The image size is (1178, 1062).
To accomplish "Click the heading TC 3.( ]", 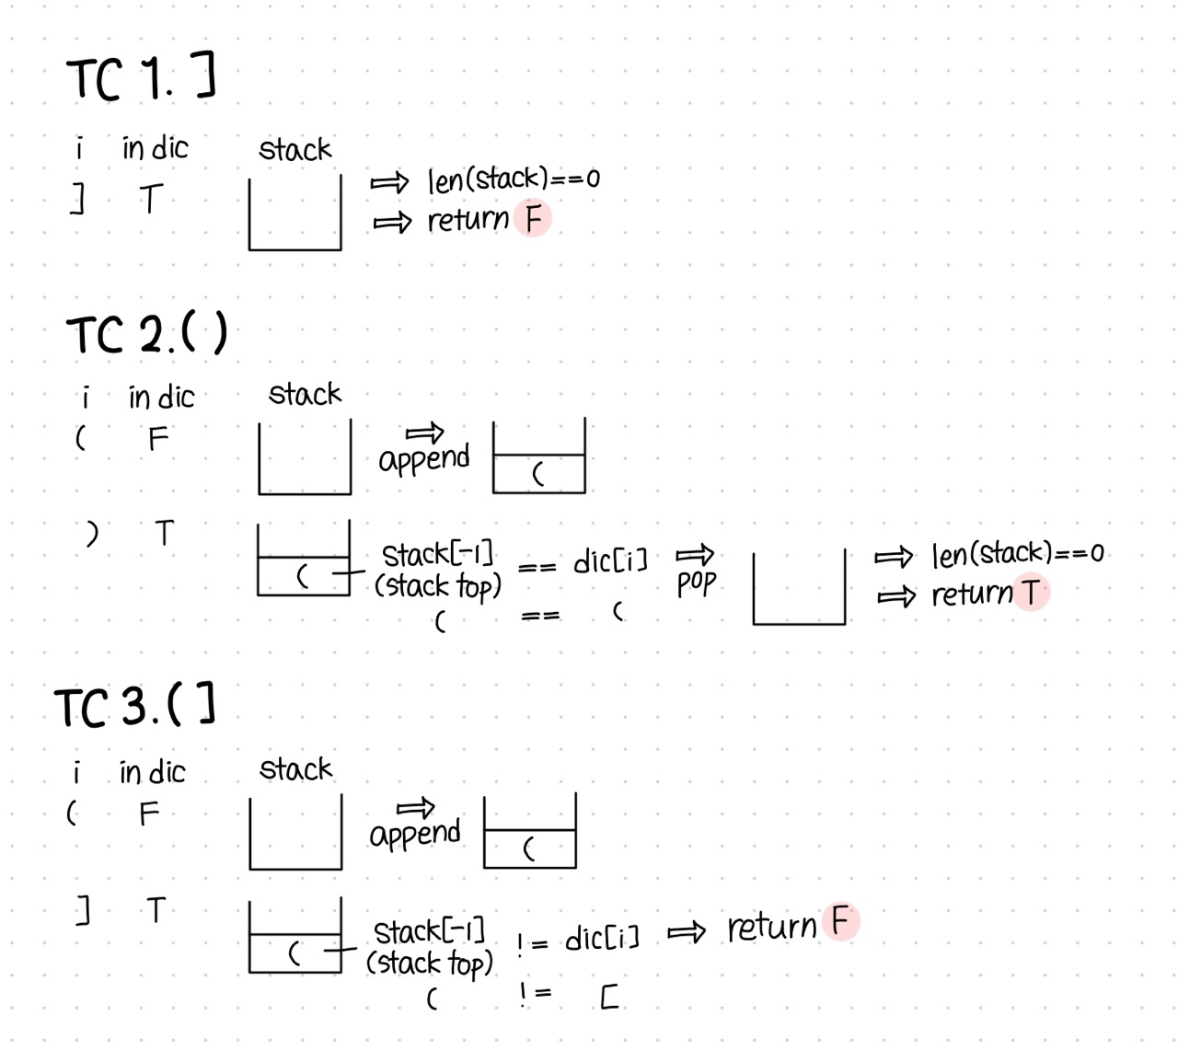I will (x=135, y=706).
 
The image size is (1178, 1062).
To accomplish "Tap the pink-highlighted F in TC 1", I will (x=533, y=219).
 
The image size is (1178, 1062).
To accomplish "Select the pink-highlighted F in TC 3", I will (x=840, y=921).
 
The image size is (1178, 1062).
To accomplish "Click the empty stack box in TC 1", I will (x=294, y=214).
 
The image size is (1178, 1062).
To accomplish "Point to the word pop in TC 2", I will (x=696, y=583).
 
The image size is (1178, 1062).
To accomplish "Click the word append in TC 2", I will (x=423, y=457).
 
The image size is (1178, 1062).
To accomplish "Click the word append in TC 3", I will (x=414, y=833).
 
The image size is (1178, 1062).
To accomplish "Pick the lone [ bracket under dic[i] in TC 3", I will (x=608, y=997).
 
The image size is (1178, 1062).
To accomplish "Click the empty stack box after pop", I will (x=799, y=589).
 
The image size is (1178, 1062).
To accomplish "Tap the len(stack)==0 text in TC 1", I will (x=513, y=179).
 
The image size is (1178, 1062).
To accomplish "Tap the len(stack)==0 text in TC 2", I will (x=1017, y=553).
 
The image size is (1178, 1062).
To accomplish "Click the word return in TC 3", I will (x=771, y=927).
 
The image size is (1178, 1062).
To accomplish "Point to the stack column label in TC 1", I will (x=294, y=149).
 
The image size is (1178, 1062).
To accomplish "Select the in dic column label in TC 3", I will (x=152, y=772).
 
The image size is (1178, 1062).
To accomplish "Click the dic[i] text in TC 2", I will (x=610, y=560).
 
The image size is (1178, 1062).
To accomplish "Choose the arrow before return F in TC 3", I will (x=686, y=933).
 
